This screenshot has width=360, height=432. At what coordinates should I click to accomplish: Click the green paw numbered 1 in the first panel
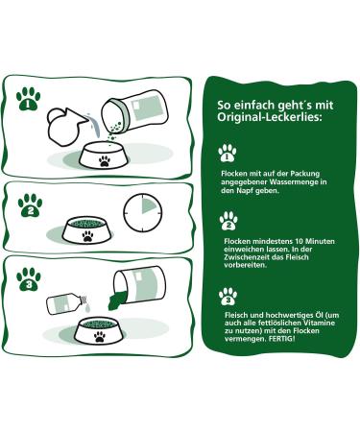pos(28,99)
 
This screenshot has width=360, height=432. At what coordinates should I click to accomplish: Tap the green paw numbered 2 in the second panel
pos(30,205)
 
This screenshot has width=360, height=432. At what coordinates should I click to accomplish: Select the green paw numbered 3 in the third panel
pos(29,279)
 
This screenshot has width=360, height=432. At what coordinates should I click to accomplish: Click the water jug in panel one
pos(66,126)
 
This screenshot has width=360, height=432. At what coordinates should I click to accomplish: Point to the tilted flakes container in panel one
pos(134,111)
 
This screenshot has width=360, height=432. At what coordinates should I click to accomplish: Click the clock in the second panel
pos(143,213)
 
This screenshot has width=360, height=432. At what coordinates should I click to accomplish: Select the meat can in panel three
pos(140,285)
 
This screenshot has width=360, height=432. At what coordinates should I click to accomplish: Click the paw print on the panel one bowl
pos(105,161)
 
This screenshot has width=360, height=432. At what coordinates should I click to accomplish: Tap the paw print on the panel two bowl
pos(87,236)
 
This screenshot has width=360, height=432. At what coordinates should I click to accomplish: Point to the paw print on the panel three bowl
pos(100,337)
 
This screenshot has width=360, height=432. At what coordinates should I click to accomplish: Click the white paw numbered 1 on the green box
pos(228,153)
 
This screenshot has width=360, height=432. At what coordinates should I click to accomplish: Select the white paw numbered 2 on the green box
pos(228,221)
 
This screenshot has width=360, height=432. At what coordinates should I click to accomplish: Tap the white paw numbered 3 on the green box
pos(228,297)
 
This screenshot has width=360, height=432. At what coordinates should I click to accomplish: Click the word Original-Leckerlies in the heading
pos(269,117)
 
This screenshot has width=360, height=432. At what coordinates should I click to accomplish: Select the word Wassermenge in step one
pos(291,182)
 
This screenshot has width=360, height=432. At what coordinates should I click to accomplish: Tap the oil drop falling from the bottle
pos(87,309)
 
